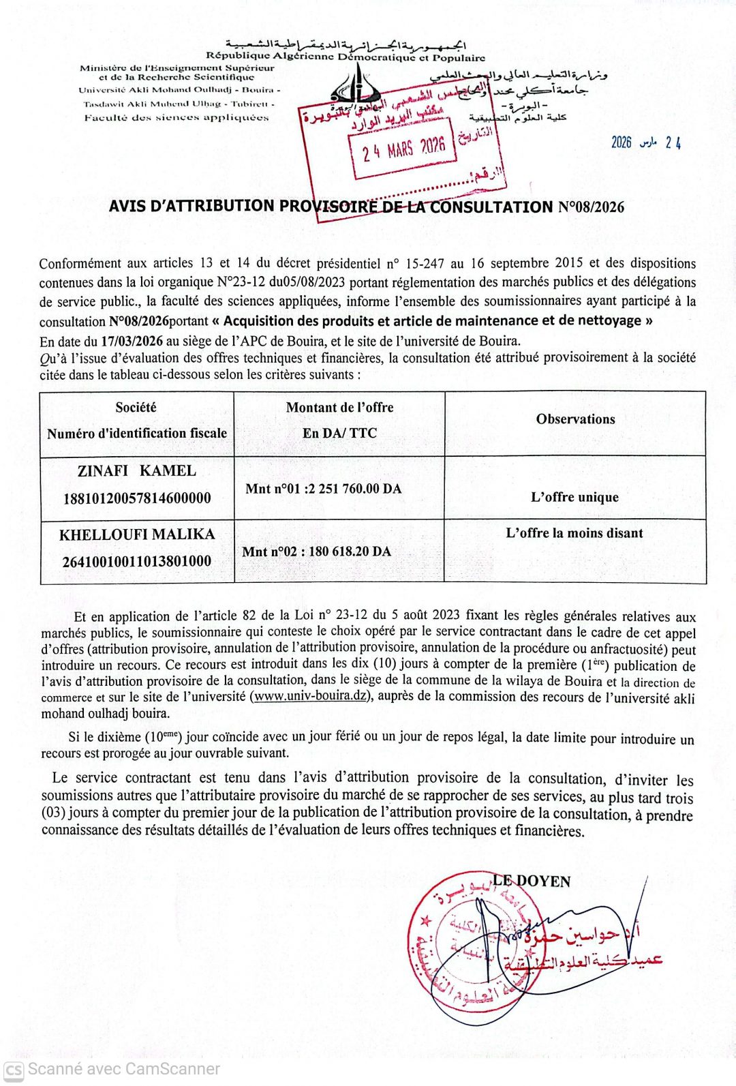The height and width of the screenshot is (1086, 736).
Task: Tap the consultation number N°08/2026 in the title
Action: pos(591,207)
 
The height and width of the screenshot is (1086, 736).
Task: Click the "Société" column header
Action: pos(136,407)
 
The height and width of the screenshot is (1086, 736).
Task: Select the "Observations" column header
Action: pos(575,419)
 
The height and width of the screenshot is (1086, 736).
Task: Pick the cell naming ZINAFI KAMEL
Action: pos(137,470)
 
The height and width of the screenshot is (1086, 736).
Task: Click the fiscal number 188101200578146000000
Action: pos(137,498)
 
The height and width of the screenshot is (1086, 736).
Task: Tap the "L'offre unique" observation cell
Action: pos(574,497)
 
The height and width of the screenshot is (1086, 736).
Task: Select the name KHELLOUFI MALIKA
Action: pos(137,534)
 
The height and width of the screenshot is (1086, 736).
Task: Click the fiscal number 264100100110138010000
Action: pos(137,561)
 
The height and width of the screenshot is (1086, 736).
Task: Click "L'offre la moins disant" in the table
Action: pos(574,533)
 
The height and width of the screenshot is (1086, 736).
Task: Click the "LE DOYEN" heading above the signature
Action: pos(532,881)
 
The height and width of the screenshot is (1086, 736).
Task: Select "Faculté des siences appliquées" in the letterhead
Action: pos(177,117)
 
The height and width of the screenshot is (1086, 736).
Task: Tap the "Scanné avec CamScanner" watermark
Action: pos(112,1069)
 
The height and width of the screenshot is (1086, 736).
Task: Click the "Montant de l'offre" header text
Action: pos(339,407)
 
